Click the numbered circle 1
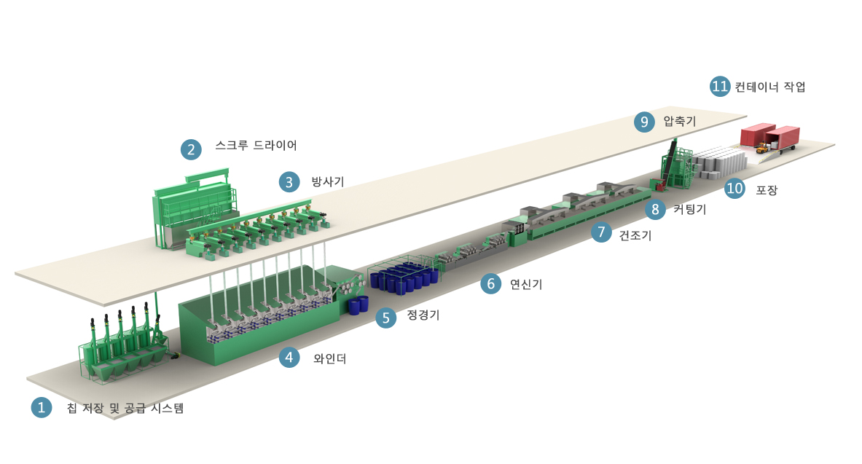[x=42, y=407]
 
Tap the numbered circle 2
[x=192, y=149]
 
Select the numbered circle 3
[x=289, y=182]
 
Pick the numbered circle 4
[x=289, y=358]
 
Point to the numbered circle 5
[x=386, y=317]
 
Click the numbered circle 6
[x=491, y=283]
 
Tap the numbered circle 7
[x=601, y=232]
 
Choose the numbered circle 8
[x=655, y=209]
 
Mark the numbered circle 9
[x=644, y=122]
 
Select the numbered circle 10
[x=735, y=189]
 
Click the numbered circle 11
[x=720, y=86]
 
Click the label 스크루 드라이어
[x=256, y=145]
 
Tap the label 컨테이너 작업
[x=770, y=87]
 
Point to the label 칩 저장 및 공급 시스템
[x=125, y=408]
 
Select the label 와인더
[x=330, y=358]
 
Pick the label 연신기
[x=526, y=284]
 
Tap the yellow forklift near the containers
[x=762, y=148]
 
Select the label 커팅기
[x=690, y=210]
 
